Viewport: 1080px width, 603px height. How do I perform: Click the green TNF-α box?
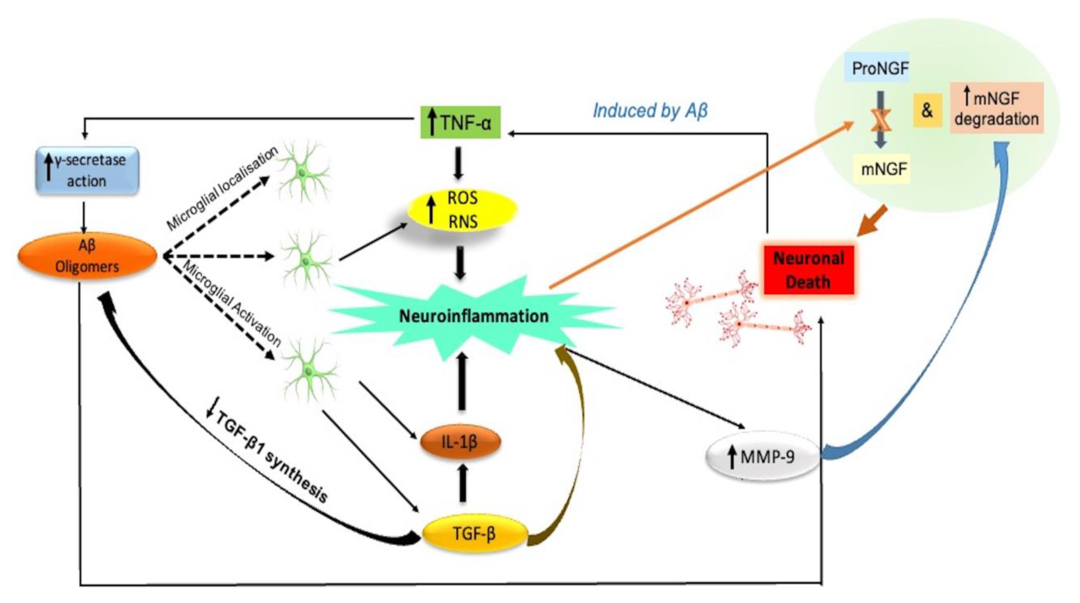pyautogui.click(x=460, y=122)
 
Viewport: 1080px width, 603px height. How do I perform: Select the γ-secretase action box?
pyautogui.click(x=87, y=170)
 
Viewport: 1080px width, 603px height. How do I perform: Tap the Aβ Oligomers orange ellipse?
pyautogui.click(x=87, y=256)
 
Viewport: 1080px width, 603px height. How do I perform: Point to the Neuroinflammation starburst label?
pyautogui.click(x=474, y=316)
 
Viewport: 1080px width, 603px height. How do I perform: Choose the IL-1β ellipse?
pyautogui.click(x=460, y=442)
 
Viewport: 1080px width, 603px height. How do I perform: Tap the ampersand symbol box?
pyautogui.click(x=927, y=110)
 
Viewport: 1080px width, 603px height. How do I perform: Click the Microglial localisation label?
pyautogui.click(x=222, y=189)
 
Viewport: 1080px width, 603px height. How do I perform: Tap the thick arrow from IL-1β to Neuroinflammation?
pyautogui.click(x=462, y=381)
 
